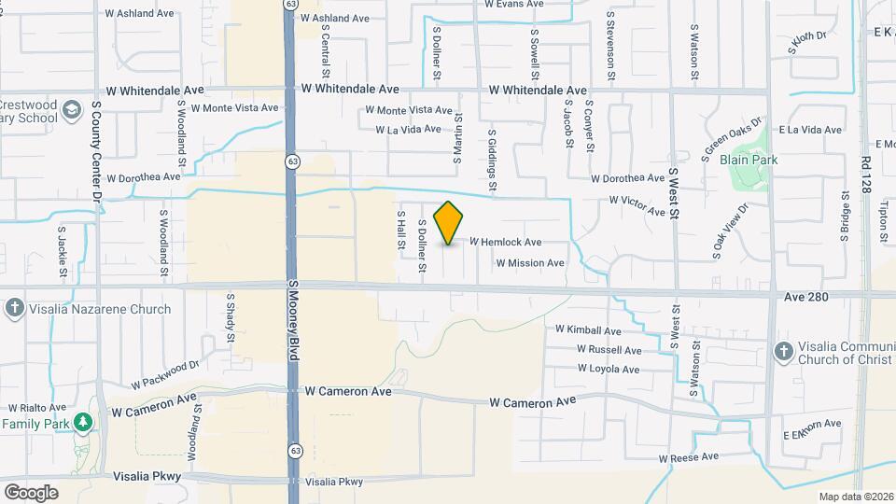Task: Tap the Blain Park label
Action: pyautogui.click(x=749, y=160)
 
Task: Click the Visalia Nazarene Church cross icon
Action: pyautogui.click(x=13, y=309)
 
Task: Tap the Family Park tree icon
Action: pyautogui.click(x=83, y=423)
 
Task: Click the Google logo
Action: pyautogui.click(x=31, y=492)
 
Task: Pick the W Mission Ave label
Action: pyautogui.click(x=530, y=263)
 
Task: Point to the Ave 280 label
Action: pyautogui.click(x=807, y=296)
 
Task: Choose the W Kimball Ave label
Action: pyautogui.click(x=588, y=330)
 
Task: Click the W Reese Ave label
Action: pyautogui.click(x=689, y=457)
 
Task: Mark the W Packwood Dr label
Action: pyautogui.click(x=166, y=375)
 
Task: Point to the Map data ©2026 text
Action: pyautogui.click(x=856, y=497)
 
